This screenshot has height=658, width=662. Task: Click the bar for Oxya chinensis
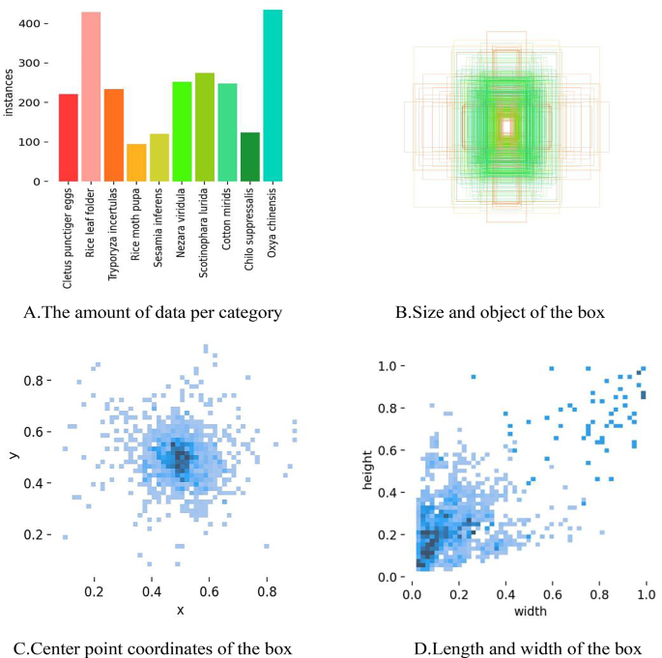(x=273, y=96)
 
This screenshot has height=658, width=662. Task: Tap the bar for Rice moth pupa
(x=136, y=162)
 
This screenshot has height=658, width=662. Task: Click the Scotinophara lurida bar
(x=205, y=127)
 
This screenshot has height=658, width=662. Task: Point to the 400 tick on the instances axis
(x=35, y=22)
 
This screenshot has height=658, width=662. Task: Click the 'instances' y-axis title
(x=9, y=92)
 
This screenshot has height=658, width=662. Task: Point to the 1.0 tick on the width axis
(x=643, y=593)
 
